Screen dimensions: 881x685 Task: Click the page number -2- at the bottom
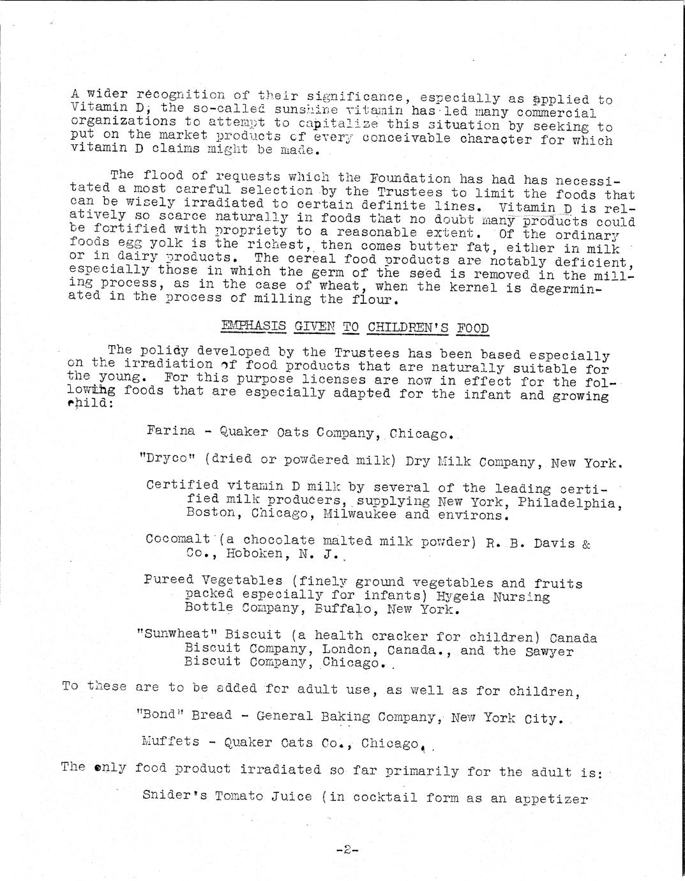coord(347,850)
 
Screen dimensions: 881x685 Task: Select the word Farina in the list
coord(170,430)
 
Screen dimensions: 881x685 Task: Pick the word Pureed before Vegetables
coord(169,580)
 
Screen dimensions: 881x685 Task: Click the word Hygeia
coord(460,596)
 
